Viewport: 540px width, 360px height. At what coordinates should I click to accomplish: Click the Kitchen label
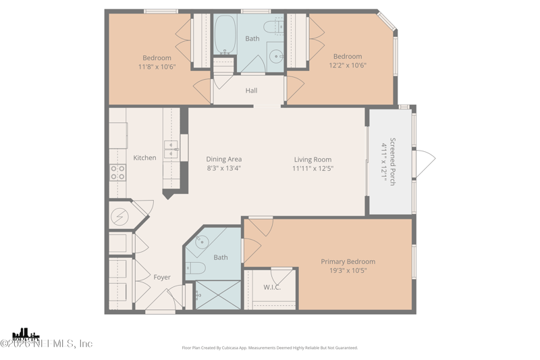tap(144, 158)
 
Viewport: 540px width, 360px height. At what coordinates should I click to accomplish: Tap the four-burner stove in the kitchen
tap(117, 172)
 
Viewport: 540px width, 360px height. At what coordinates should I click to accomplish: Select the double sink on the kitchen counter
tap(171, 149)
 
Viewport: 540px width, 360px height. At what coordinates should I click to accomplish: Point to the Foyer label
tap(162, 277)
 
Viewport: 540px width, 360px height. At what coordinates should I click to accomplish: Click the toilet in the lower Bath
tap(196, 268)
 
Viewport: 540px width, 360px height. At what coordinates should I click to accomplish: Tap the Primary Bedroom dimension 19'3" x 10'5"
tap(348, 271)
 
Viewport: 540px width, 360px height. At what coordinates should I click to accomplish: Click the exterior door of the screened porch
tap(425, 160)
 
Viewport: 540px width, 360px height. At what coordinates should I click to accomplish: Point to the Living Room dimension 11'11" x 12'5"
tap(313, 169)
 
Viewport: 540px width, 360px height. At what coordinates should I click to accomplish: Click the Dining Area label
tap(223, 159)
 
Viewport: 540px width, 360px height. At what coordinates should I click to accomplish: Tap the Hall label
tap(251, 91)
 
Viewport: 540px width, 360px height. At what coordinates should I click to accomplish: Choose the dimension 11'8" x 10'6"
tap(157, 67)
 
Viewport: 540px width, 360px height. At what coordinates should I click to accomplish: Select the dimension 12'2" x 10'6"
tap(347, 66)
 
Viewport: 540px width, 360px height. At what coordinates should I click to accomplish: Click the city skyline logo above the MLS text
tap(25, 334)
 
